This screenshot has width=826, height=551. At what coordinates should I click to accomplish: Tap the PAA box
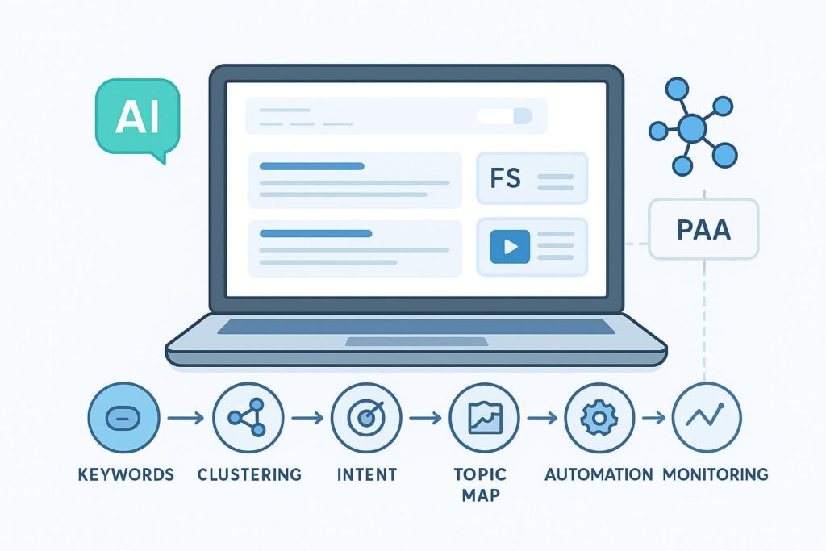[x=703, y=230]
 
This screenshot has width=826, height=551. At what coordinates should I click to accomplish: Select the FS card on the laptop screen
[x=532, y=178]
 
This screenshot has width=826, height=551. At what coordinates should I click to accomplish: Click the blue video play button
[x=510, y=246]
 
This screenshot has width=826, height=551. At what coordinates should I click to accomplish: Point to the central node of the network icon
[x=691, y=127]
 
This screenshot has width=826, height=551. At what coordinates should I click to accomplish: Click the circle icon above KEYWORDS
[x=124, y=417]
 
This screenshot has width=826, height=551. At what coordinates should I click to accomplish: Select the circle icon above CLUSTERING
[x=248, y=417]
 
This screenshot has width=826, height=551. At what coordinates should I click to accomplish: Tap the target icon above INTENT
[x=366, y=417]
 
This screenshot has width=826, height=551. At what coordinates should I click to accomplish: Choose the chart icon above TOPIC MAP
[x=485, y=417]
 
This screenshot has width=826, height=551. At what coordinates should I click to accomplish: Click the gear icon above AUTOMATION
[x=600, y=417]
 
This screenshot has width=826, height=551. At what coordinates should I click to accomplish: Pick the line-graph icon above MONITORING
[x=706, y=417]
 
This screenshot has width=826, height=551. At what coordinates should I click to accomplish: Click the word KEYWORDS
[x=126, y=474]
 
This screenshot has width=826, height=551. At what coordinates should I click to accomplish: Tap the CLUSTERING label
[x=250, y=474]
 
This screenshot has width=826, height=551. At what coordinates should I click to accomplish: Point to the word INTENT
[x=366, y=474]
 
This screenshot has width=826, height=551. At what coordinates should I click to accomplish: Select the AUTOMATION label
[x=598, y=474]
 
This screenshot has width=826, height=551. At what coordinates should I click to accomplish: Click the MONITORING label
[x=715, y=474]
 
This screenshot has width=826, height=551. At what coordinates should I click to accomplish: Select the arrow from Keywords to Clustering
[x=186, y=418]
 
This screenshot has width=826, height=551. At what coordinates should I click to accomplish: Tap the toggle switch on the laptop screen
[x=504, y=116]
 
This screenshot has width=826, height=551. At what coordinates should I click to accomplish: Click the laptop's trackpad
[x=415, y=342]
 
